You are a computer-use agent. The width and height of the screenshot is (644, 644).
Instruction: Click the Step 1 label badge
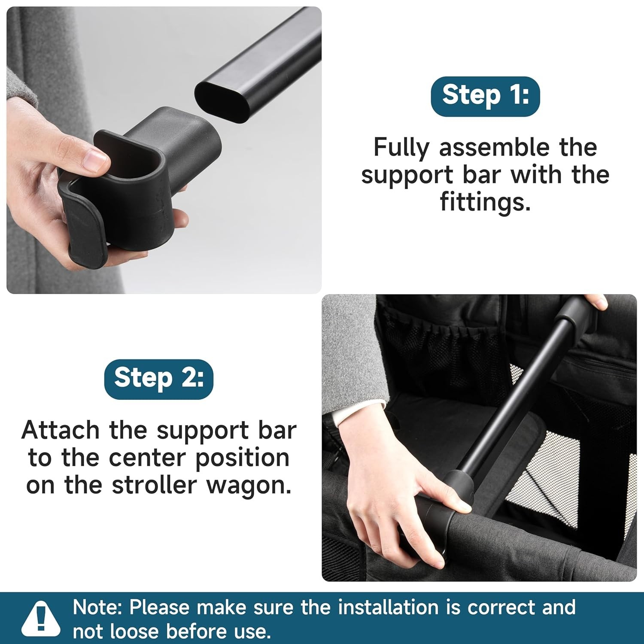tap(485, 96)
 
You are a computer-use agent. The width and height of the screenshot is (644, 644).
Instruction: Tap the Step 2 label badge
tap(158, 379)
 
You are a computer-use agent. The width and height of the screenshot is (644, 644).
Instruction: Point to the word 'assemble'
tap(494, 147)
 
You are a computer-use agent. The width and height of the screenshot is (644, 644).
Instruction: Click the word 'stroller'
tap(155, 485)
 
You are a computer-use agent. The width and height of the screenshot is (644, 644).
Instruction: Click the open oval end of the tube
tap(222, 101)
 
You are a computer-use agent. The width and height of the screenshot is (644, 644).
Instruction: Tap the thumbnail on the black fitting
tap(95, 158)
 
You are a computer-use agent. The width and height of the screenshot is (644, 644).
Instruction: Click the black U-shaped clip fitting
tap(137, 185)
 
